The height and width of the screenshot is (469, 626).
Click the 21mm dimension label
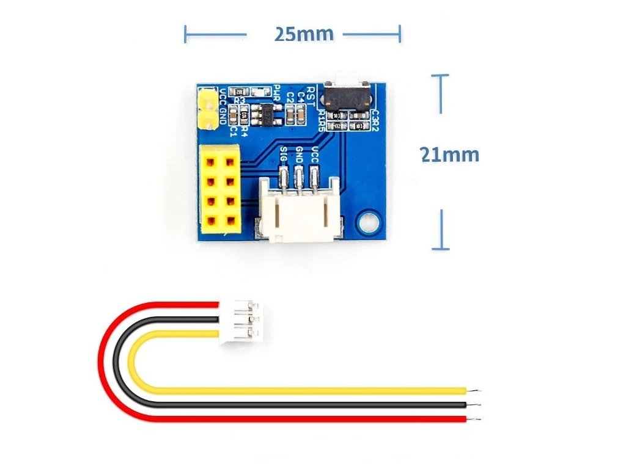click(449, 155)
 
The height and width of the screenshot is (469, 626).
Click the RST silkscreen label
click(312, 93)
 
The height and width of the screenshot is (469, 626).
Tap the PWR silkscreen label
click(277, 93)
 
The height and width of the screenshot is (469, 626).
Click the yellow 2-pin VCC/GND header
click(208, 108)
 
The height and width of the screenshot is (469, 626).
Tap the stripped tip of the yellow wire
click(474, 390)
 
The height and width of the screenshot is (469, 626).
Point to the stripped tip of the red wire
click(474, 418)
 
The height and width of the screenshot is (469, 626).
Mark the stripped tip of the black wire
click(474, 404)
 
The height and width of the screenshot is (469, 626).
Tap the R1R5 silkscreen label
click(322, 120)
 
